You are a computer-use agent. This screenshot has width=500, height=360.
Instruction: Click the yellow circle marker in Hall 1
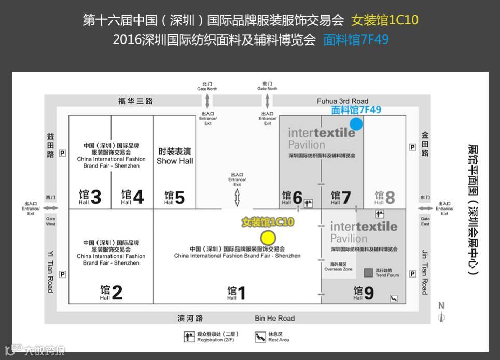(268, 238)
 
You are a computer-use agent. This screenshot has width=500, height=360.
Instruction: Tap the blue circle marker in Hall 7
(356, 123)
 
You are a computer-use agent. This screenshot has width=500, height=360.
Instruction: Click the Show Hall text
(175, 161)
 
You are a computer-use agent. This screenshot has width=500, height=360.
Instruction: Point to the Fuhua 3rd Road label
(342, 101)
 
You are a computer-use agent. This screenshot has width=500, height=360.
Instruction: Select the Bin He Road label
(274, 318)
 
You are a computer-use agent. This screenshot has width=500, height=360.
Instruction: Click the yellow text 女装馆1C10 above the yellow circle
(268, 222)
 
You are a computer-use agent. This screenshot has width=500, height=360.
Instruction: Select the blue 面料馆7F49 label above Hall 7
(356, 109)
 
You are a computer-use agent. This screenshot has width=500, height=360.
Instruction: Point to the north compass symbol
(441, 313)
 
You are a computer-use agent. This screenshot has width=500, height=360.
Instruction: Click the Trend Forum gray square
(368, 272)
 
